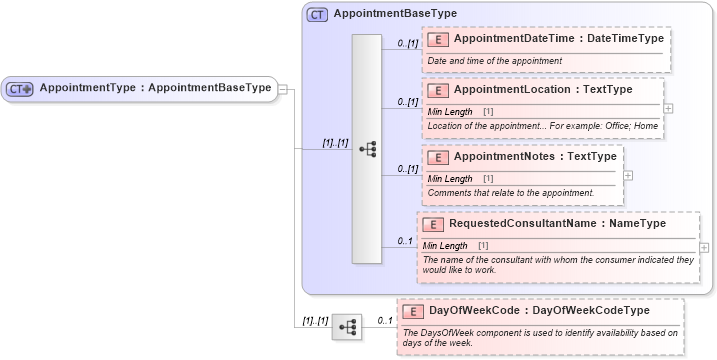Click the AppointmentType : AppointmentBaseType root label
[x=154, y=88]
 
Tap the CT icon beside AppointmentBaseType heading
[x=318, y=14]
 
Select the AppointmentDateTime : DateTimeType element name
[x=558, y=38]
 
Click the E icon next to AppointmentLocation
[x=436, y=90]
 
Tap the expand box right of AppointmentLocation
[x=668, y=108]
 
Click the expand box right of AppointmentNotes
[x=628, y=174]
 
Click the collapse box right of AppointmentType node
[x=283, y=89]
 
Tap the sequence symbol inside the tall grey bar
[x=367, y=148]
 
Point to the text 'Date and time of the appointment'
[x=494, y=61]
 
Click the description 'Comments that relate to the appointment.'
[x=510, y=192]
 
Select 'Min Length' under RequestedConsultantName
[x=445, y=245]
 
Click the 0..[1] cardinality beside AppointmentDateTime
[x=406, y=44]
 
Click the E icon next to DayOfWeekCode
[x=412, y=311]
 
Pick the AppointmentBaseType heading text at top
[x=395, y=14]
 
